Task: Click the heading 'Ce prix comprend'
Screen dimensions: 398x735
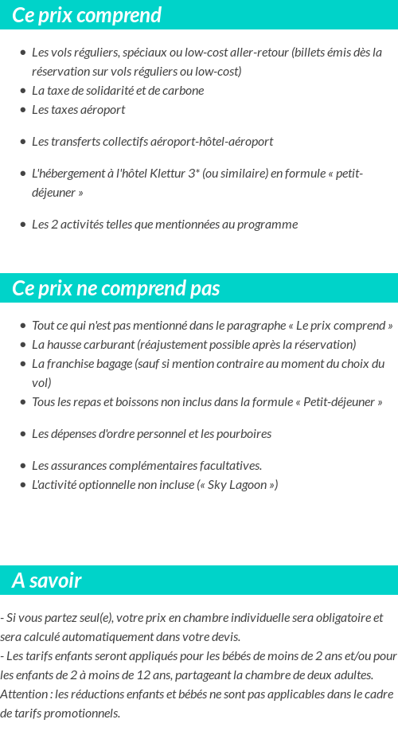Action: coord(87,15)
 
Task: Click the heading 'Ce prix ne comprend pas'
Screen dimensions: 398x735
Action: coord(116,288)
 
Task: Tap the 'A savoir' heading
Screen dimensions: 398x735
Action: coord(47,581)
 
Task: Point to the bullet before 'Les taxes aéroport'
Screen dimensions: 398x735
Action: coord(22,110)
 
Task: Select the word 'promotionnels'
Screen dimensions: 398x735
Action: coord(82,713)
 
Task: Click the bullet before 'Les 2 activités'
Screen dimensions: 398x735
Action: coord(22,225)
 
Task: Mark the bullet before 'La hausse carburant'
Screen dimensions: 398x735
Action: coord(22,345)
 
